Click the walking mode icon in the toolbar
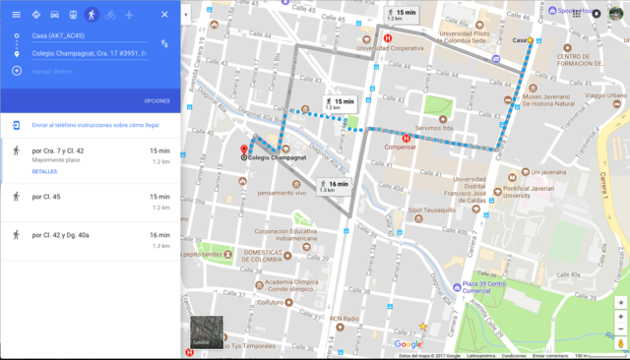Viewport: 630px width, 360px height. point(91,15)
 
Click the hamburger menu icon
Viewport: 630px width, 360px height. point(16,15)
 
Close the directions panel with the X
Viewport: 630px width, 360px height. point(164,15)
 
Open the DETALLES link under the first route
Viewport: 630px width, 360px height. point(45,171)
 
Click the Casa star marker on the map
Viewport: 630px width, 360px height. point(530,40)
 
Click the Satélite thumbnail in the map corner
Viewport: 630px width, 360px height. point(207,332)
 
